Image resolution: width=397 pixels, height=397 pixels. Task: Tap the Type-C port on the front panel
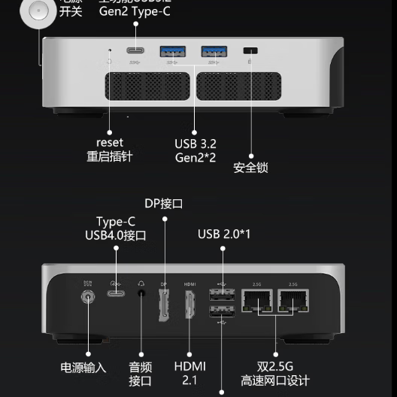point(135,52)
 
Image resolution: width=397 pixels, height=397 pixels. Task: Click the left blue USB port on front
point(171,52)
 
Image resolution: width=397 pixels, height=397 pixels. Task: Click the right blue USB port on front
point(213,52)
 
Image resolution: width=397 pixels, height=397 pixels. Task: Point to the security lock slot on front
point(251,52)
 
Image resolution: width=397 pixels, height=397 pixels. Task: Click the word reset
point(110,142)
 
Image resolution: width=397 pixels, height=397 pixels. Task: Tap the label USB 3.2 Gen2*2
point(195,150)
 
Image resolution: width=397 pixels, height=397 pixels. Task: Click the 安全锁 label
point(250,168)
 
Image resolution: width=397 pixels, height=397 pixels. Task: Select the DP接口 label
point(164,203)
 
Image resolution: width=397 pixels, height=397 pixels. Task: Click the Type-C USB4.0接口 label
point(116,229)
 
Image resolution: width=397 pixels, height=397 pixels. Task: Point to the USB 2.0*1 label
point(224,235)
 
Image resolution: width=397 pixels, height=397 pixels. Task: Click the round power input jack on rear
point(89,299)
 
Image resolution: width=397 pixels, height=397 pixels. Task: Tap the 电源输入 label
point(83,368)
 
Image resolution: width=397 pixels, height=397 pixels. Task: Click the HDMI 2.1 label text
point(189,373)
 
